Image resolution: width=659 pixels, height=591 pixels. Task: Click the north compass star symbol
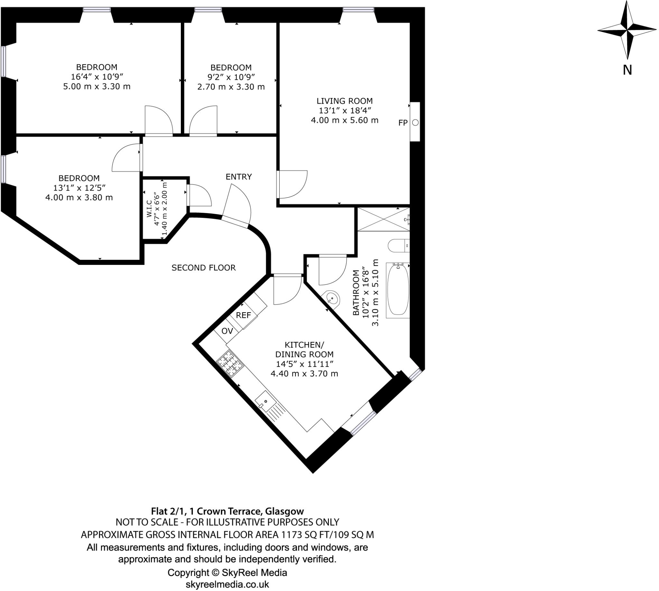(627, 31)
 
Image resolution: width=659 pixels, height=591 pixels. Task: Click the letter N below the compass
(627, 70)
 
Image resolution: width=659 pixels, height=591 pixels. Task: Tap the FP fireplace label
(403, 123)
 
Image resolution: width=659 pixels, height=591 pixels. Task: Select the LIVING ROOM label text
(344, 101)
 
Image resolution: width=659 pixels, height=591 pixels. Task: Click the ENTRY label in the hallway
(239, 177)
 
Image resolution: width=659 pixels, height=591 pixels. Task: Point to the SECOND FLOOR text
(204, 267)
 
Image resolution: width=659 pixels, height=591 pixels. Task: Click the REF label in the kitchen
(244, 315)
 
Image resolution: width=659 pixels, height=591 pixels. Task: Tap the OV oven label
(227, 331)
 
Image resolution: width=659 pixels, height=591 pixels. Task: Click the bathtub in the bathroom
(398, 290)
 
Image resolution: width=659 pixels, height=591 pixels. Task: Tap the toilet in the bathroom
(398, 246)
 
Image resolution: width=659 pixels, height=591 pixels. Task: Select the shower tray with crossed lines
(383, 220)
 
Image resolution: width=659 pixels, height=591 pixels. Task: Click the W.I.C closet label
(149, 209)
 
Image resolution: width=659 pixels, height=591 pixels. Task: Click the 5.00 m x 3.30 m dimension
(97, 86)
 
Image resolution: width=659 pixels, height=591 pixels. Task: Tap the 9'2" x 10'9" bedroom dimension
(231, 77)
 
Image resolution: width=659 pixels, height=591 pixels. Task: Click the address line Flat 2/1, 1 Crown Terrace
(227, 511)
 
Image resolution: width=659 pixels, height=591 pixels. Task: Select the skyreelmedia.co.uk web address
(227, 584)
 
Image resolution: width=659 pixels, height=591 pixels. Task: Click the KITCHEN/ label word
(304, 344)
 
